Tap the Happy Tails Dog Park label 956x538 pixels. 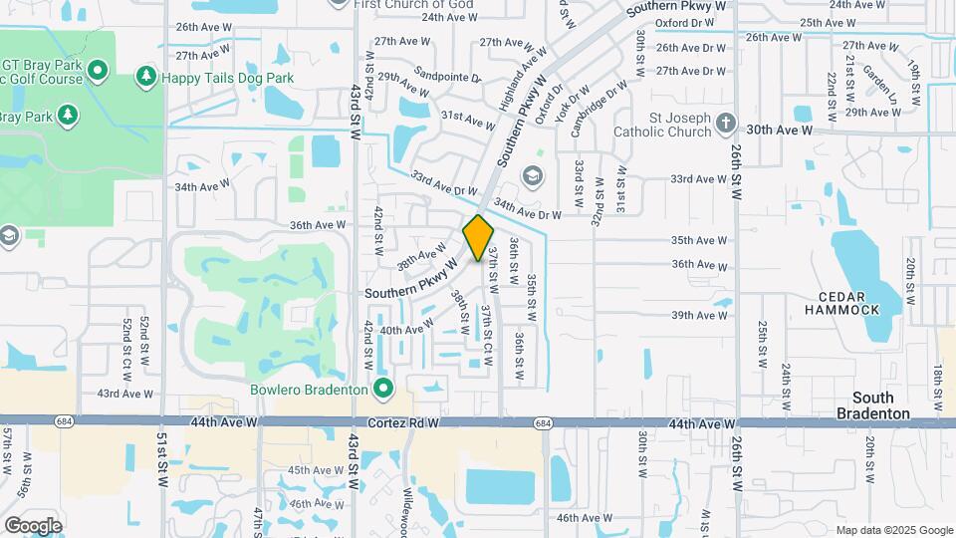pyautogui.click(x=214, y=76)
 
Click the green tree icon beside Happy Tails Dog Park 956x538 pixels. pyautogui.click(x=146, y=76)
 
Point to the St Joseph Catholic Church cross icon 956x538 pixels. pyautogui.click(x=726, y=124)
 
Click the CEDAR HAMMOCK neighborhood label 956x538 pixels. pyautogui.click(x=849, y=303)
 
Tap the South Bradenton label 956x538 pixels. pyautogui.click(x=872, y=405)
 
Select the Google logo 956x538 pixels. pyautogui.click(x=33, y=525)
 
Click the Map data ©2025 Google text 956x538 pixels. pyautogui.click(x=893, y=530)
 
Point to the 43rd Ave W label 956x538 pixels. pyautogui.click(x=122, y=395)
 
